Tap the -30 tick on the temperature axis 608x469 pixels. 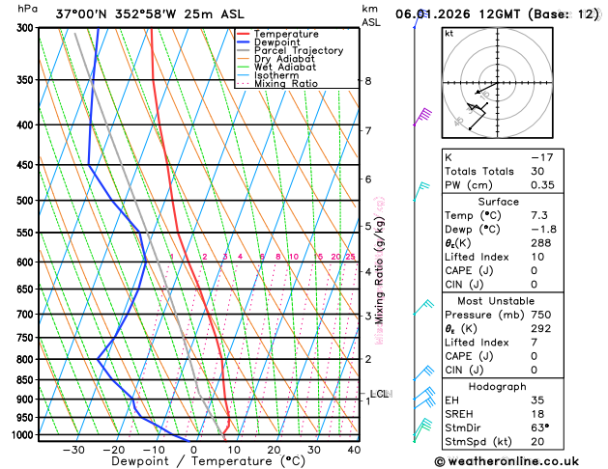click(73, 450)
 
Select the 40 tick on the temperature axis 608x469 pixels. click(355, 450)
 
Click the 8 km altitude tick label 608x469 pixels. click(368, 81)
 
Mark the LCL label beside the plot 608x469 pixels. click(379, 394)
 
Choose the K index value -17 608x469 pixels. click(542, 156)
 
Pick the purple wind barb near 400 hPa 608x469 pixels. click(421, 118)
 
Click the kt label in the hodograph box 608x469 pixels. click(449, 34)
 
